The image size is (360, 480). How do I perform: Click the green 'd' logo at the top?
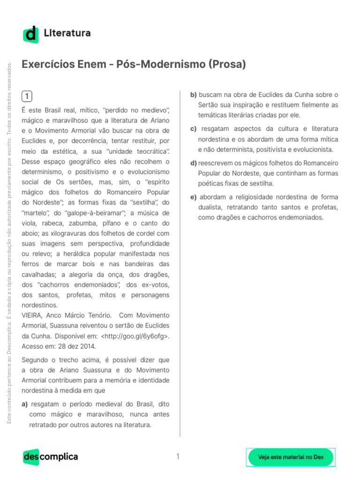(31, 34)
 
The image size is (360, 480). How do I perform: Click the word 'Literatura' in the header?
(67, 33)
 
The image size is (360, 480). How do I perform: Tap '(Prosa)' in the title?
(227, 64)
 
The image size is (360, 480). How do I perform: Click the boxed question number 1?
(27, 97)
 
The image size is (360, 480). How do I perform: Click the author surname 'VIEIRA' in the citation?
(32, 315)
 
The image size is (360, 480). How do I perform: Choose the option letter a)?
(25, 404)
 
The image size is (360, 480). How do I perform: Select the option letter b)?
(194, 95)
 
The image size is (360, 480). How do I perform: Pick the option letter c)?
(193, 129)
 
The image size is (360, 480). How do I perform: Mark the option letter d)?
(194, 163)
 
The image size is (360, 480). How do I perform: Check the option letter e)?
(193, 197)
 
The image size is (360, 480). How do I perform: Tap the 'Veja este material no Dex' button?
(291, 457)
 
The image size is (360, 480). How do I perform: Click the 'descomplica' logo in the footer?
(50, 457)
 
